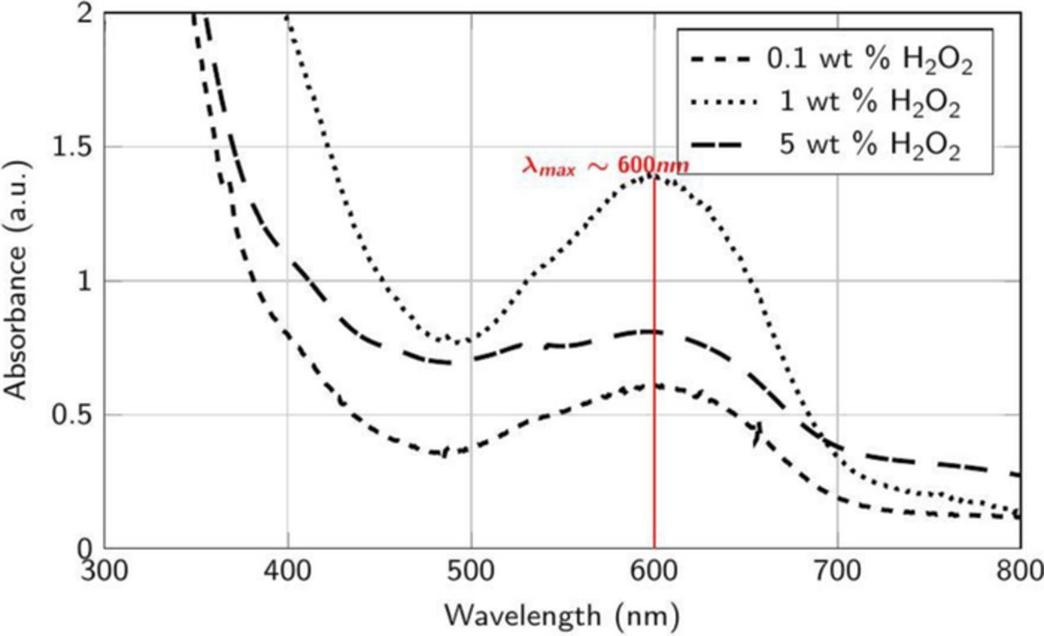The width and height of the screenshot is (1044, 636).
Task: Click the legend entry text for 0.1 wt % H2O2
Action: click(869, 61)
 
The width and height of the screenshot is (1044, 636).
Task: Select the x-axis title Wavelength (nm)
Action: click(563, 612)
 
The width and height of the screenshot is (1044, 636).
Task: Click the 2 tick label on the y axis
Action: click(86, 13)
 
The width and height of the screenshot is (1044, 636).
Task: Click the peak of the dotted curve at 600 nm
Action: click(654, 175)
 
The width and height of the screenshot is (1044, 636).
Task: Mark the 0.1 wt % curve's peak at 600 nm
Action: click(654, 385)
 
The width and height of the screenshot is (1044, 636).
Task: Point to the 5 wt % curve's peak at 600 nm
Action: click(654, 331)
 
